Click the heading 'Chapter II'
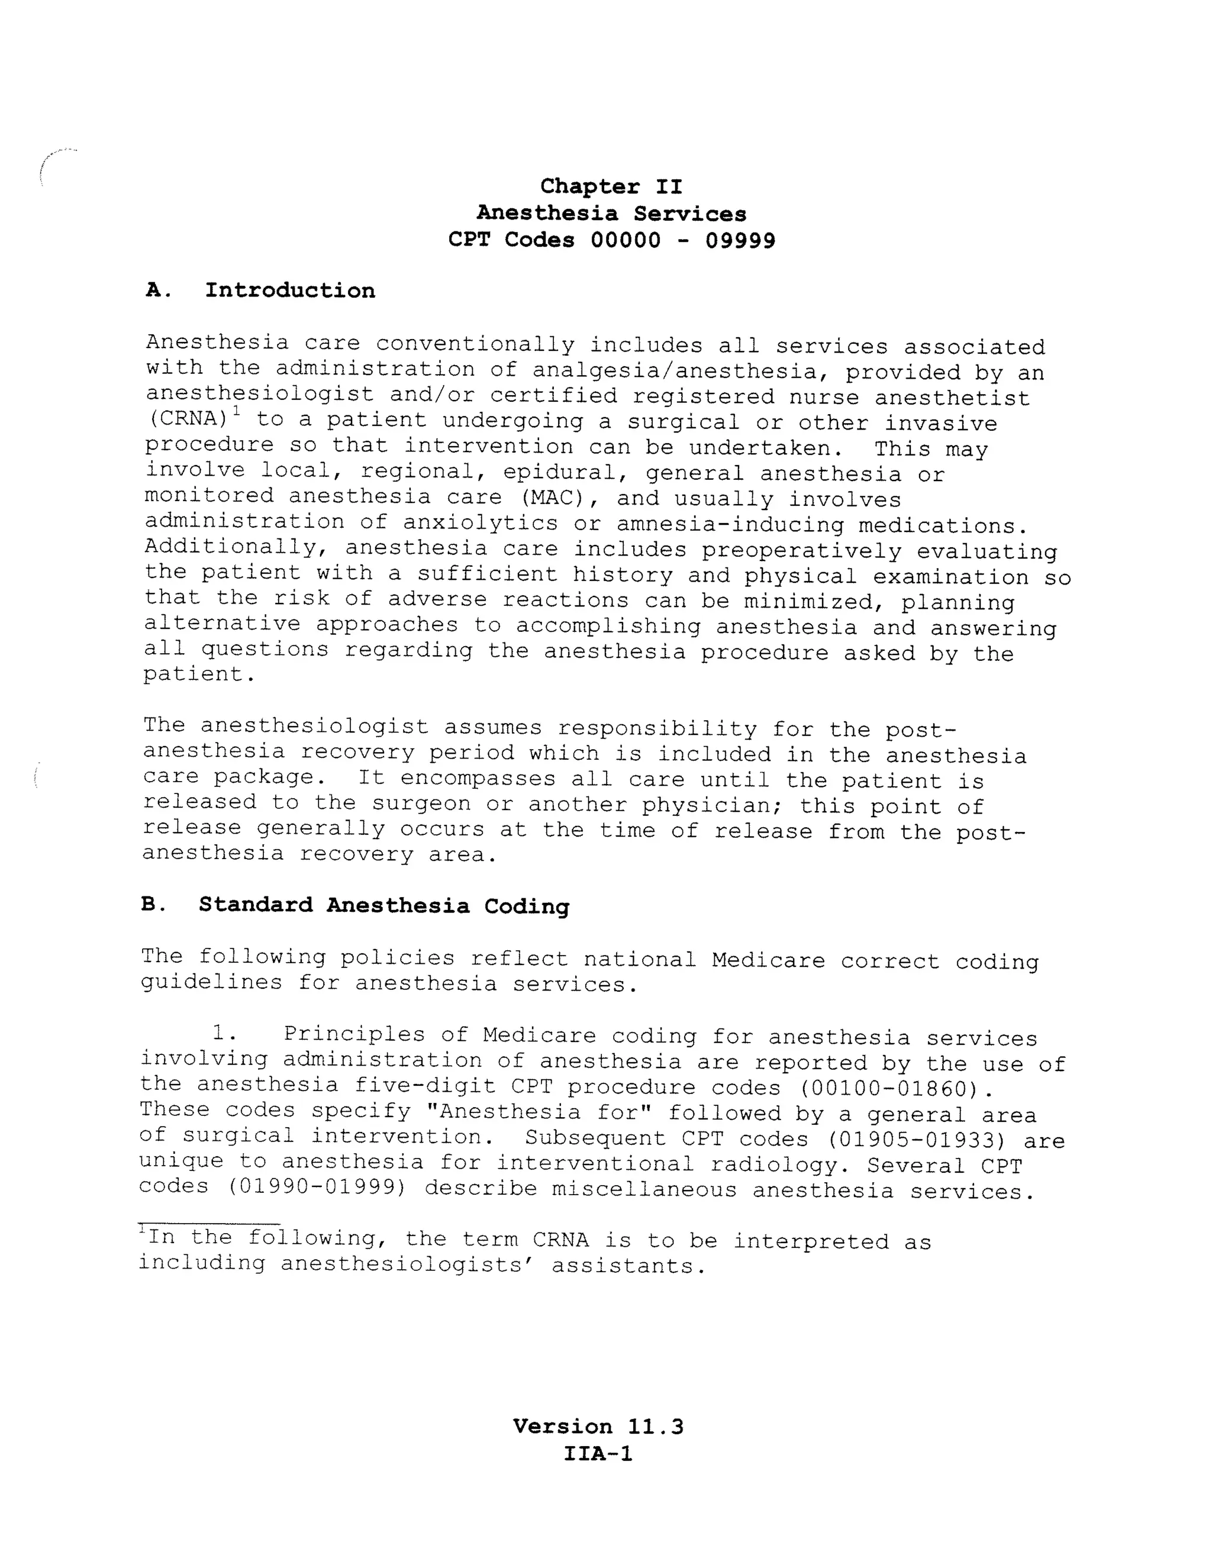(611, 186)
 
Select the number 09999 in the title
(740, 240)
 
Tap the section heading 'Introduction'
(289, 291)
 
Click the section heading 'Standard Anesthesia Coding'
(383, 905)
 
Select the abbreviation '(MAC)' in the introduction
(555, 498)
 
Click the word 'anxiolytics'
(479, 524)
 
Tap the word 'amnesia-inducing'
(730, 525)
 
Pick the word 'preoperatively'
(801, 551)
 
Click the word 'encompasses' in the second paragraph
(478, 779)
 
